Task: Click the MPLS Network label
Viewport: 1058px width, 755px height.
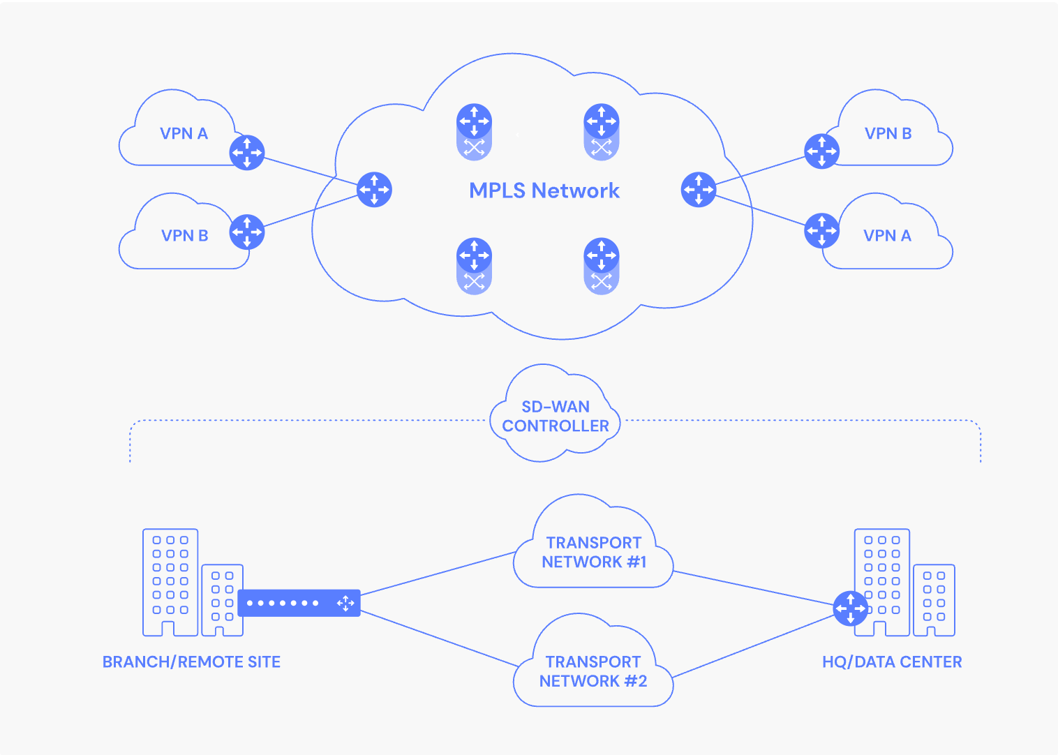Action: pos(544,190)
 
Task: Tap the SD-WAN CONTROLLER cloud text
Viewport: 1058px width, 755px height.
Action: pos(556,416)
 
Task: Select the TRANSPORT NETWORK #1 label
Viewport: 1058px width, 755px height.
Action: pos(594,552)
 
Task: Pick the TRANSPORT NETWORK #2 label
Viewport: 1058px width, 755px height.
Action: pos(593,671)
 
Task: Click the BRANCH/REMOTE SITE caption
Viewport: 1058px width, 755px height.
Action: pos(191,661)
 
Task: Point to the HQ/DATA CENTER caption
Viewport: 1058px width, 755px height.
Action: pos(892,661)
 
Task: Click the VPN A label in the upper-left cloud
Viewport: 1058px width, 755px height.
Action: pos(184,133)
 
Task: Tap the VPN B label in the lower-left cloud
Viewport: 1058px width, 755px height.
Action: pos(185,235)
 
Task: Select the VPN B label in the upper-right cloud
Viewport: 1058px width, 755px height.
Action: pos(888,133)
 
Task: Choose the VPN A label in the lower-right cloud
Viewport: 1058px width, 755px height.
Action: pos(888,235)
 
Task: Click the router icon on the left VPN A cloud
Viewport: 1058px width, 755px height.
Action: pos(247,153)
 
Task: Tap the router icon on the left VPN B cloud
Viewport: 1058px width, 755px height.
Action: pos(247,232)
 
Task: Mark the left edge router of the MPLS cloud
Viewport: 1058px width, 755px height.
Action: pos(374,190)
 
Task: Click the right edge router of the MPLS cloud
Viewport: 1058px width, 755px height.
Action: pos(699,190)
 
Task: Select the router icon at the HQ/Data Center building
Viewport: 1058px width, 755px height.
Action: pos(851,608)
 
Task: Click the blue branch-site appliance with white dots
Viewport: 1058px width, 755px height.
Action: pos(299,603)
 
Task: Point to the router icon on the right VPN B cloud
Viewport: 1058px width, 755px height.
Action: pos(822,151)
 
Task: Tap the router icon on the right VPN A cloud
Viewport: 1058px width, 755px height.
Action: pos(822,230)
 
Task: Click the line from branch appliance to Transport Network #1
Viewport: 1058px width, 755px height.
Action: pos(438,573)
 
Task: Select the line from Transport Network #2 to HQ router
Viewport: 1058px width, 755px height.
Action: pos(753,646)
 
